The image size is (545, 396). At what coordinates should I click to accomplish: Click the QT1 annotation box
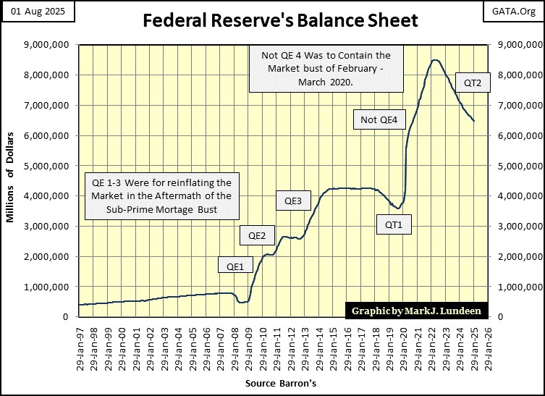click(394, 224)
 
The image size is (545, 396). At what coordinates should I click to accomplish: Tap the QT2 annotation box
click(473, 83)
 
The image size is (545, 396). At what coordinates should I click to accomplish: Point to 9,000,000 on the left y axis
click(48, 45)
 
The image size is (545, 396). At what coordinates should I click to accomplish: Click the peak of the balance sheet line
click(434, 60)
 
